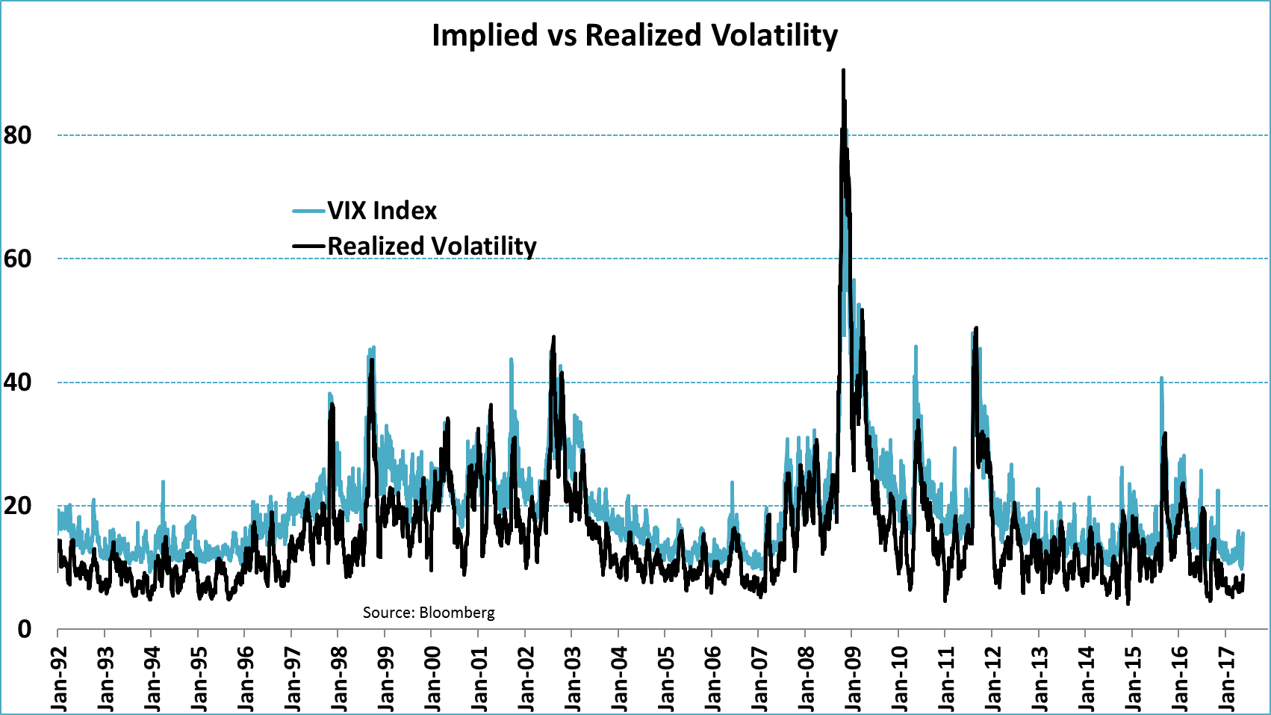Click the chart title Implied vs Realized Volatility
635,35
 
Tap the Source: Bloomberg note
429,613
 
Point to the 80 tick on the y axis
18,135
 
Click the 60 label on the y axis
18,259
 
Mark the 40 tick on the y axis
18,383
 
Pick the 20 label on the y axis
18,506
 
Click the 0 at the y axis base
25,629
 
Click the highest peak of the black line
843,70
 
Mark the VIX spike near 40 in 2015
1161,378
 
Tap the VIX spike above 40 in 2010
916,347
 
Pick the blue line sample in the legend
308,211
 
